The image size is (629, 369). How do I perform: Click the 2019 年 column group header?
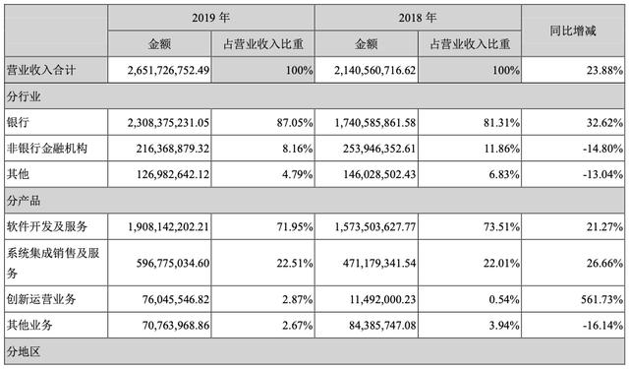[x=210, y=17]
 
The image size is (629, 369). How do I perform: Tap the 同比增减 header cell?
[x=575, y=31]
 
